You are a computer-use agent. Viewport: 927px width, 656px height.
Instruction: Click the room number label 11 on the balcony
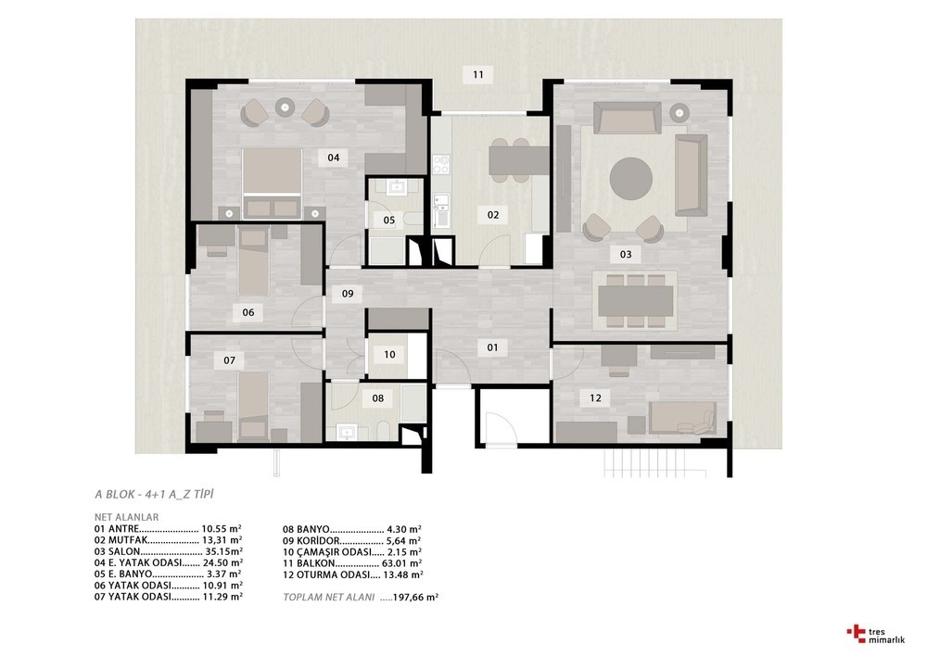478,74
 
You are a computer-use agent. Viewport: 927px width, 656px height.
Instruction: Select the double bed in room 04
272,183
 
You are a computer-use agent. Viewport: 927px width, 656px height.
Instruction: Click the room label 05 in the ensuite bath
389,221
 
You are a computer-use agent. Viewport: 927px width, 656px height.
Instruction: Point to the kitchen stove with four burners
441,164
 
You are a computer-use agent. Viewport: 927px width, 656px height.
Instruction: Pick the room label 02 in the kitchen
493,215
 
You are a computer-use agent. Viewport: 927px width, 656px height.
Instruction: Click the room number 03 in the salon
626,255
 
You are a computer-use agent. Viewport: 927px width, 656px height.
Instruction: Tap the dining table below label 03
636,301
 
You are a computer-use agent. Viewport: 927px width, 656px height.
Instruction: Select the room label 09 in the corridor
348,293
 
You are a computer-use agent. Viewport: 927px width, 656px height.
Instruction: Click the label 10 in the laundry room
389,355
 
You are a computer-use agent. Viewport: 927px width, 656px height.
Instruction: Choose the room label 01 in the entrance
492,347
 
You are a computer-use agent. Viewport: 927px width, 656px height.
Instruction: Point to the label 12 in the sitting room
595,398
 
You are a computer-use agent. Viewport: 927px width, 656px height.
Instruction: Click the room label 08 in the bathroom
378,398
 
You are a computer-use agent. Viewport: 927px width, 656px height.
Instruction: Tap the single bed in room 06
254,263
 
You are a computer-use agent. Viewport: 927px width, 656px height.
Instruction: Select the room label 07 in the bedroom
229,360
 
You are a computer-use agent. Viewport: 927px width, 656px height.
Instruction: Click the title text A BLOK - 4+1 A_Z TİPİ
154,494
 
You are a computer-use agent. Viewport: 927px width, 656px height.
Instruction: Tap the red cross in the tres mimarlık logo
856,632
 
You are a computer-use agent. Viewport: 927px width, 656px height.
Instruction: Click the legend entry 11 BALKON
310,563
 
